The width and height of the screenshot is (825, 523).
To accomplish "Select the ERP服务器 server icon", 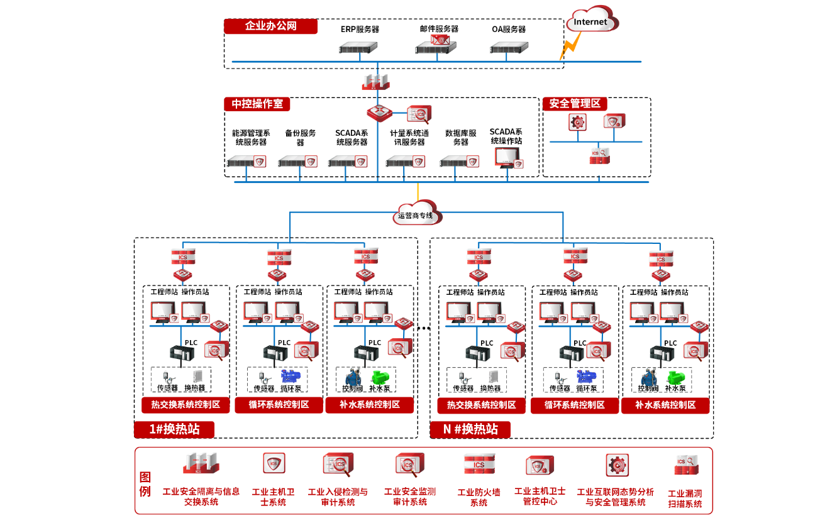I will [x=359, y=47].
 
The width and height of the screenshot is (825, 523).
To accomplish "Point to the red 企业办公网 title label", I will [x=270, y=26].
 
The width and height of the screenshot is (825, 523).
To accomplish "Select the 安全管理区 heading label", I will [x=575, y=104].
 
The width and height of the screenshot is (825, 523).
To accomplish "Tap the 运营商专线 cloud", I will [x=417, y=214].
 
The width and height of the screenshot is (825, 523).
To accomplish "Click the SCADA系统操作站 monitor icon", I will [x=507, y=158].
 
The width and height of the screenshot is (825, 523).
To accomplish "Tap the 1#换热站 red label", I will [x=174, y=429].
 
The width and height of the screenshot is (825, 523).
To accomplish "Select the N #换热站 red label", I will [x=470, y=429].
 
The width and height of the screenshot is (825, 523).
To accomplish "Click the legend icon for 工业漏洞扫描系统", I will [x=686, y=466].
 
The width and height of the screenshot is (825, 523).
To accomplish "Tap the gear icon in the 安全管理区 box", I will [x=577, y=122].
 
